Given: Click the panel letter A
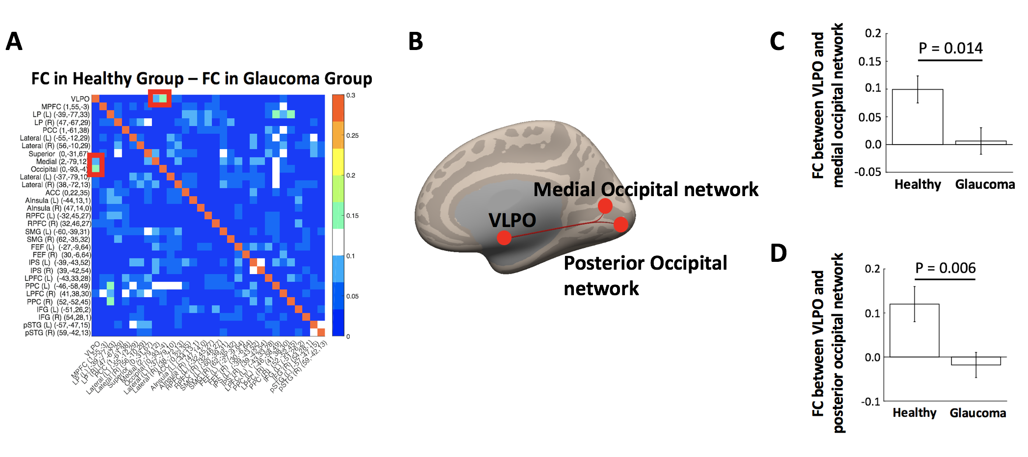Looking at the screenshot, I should [14, 42].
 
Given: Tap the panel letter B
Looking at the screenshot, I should [415, 42].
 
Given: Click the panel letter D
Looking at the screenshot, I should [778, 254].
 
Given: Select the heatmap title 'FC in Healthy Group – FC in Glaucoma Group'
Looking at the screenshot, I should [202, 78].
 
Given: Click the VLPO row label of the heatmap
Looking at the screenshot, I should [80, 99].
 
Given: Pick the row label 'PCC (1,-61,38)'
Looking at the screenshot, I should [66, 130].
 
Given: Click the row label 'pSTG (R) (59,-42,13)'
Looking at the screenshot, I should [58, 333].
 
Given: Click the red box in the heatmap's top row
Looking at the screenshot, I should [160, 98].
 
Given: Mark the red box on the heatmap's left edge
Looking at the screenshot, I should [96, 165].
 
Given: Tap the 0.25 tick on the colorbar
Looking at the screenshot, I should [352, 136].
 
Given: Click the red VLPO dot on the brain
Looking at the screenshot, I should [504, 238].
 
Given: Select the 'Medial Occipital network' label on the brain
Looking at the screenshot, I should [645, 190].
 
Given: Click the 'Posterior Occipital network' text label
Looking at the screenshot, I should [645, 276].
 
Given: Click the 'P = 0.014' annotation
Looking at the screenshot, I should [950, 48].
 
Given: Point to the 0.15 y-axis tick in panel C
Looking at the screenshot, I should [870, 62].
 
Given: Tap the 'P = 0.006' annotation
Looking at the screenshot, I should [945, 268].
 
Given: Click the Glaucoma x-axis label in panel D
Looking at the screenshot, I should [977, 413].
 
